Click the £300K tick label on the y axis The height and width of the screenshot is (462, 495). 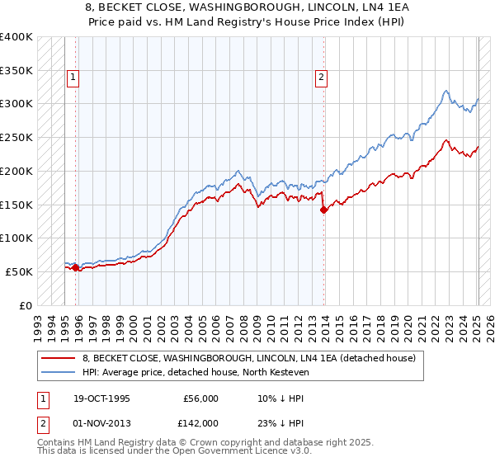(x=16, y=104)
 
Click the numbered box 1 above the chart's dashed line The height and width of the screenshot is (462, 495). (x=73, y=78)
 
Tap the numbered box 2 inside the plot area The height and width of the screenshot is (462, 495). (x=321, y=78)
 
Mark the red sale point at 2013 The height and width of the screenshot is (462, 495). (x=324, y=210)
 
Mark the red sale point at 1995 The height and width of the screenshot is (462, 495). (x=75, y=267)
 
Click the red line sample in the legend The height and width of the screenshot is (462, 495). (x=59, y=358)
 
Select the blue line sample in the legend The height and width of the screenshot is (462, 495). (x=59, y=372)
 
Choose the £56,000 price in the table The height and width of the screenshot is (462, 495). (x=200, y=398)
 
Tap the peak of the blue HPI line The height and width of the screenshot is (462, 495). (x=445, y=91)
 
